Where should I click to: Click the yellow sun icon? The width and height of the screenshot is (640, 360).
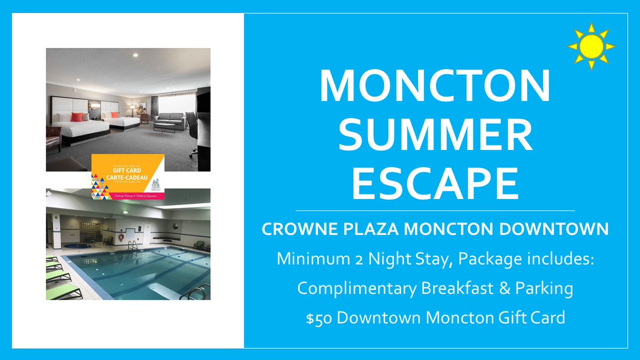(x=591, y=46)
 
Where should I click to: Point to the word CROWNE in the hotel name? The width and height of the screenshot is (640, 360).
(x=297, y=230)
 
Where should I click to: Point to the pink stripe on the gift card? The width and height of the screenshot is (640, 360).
(x=128, y=197)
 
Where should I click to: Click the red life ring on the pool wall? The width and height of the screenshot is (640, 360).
(x=121, y=236)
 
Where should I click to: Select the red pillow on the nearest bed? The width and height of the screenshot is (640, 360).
(x=76, y=117)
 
